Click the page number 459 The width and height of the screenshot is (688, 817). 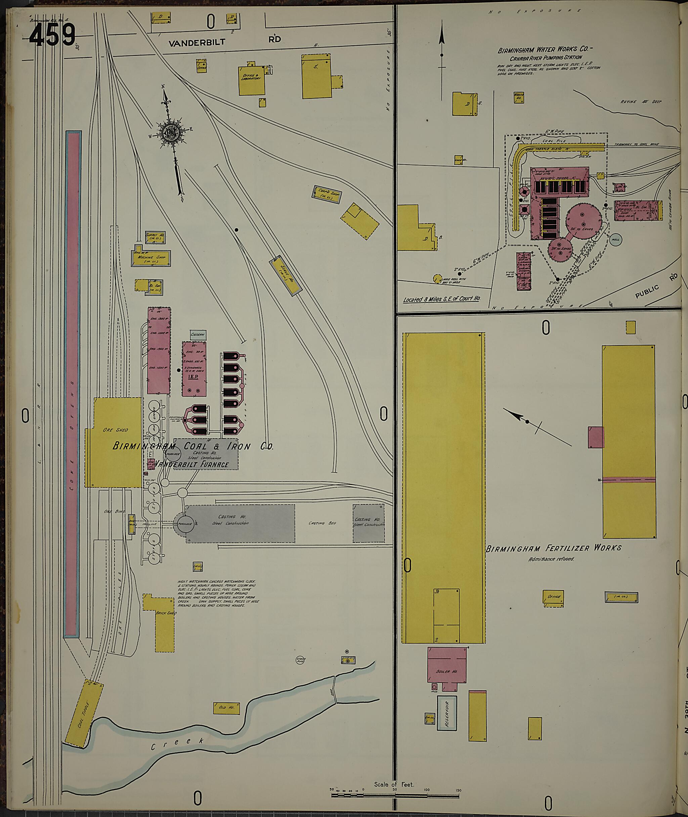pyautogui.click(x=52, y=35)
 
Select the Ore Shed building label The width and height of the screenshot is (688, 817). pyautogui.click(x=116, y=430)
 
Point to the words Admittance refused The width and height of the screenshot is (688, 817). pyautogui.click(x=551, y=559)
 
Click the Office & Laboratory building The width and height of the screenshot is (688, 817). pyautogui.click(x=251, y=80)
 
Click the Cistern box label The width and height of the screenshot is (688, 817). pyautogui.click(x=198, y=335)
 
